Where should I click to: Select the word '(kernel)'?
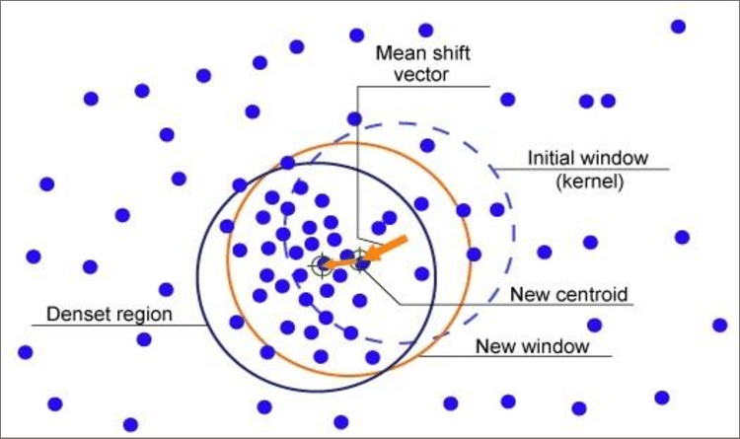[x=588, y=182]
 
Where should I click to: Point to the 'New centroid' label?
[x=569, y=295]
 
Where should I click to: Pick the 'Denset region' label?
[x=111, y=315]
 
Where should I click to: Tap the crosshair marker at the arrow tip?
[x=324, y=264]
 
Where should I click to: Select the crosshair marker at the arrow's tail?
[x=361, y=263]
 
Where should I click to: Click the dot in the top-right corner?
[x=679, y=27]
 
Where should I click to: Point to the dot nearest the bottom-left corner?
[x=55, y=403]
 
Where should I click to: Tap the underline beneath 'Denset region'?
[x=113, y=327]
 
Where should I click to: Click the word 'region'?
[x=146, y=316]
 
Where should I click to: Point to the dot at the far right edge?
[x=720, y=325]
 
